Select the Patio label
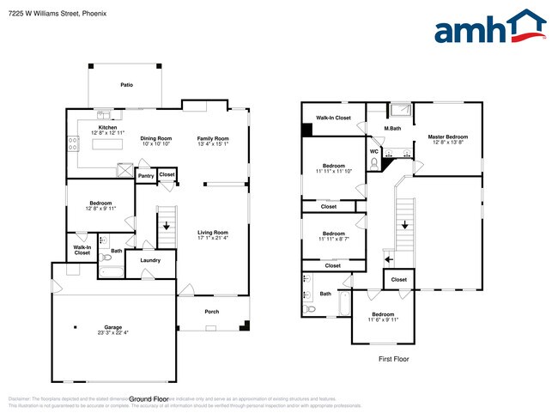point(126,85)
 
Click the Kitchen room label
point(107,127)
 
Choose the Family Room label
point(213,138)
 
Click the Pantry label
point(145,176)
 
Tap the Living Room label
point(213,232)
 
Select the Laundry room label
point(151,259)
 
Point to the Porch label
point(211,312)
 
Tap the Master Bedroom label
point(447,137)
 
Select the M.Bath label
point(392,129)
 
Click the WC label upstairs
point(373,152)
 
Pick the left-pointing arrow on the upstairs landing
point(387,258)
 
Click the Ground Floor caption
point(148,399)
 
